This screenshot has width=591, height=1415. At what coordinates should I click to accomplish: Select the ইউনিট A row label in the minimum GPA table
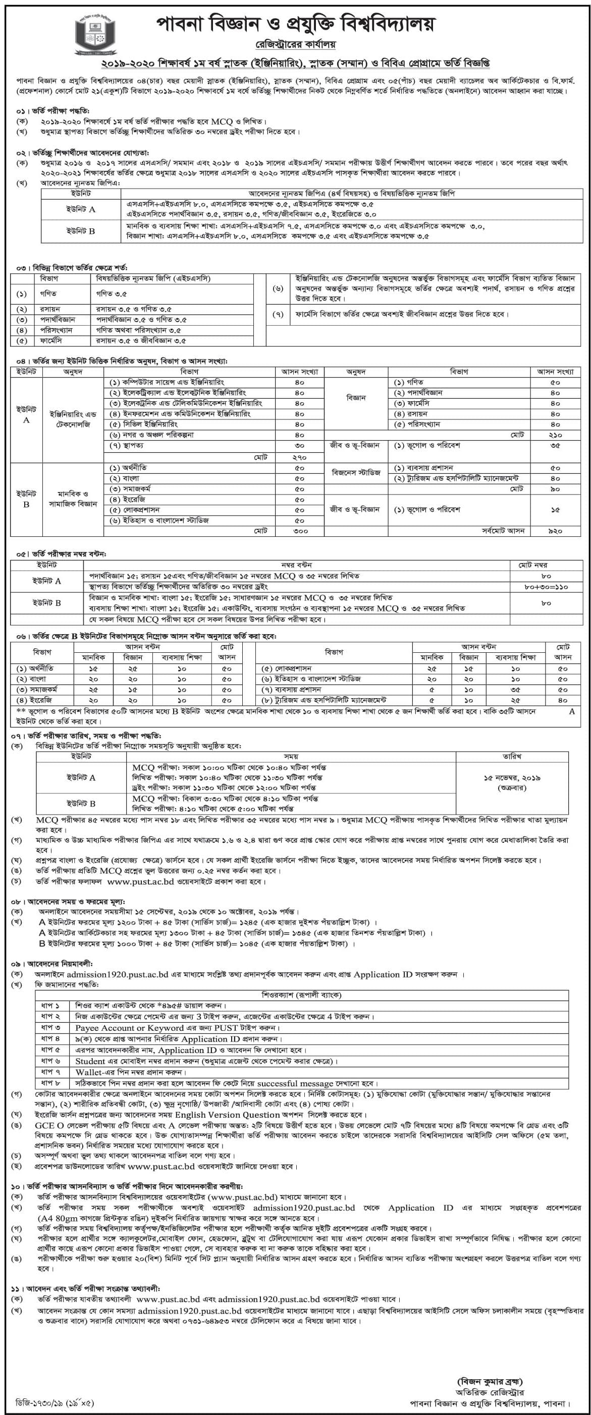point(81,209)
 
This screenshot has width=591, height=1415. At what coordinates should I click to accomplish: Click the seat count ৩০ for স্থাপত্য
point(300,446)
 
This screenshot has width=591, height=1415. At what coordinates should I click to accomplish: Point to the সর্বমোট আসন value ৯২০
point(555,531)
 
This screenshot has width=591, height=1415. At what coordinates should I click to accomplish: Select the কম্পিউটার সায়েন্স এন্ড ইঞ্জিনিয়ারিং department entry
point(167,382)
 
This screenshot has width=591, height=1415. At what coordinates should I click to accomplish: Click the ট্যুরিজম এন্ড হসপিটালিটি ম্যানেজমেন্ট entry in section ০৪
point(456,478)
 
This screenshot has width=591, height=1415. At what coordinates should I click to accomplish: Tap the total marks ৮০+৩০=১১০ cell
point(547,587)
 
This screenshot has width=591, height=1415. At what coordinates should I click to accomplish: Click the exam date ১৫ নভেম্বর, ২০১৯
point(512,778)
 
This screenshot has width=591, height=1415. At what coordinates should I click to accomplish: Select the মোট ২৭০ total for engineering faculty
point(300,457)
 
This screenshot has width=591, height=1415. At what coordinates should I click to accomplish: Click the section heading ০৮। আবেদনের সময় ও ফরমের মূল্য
point(70,902)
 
